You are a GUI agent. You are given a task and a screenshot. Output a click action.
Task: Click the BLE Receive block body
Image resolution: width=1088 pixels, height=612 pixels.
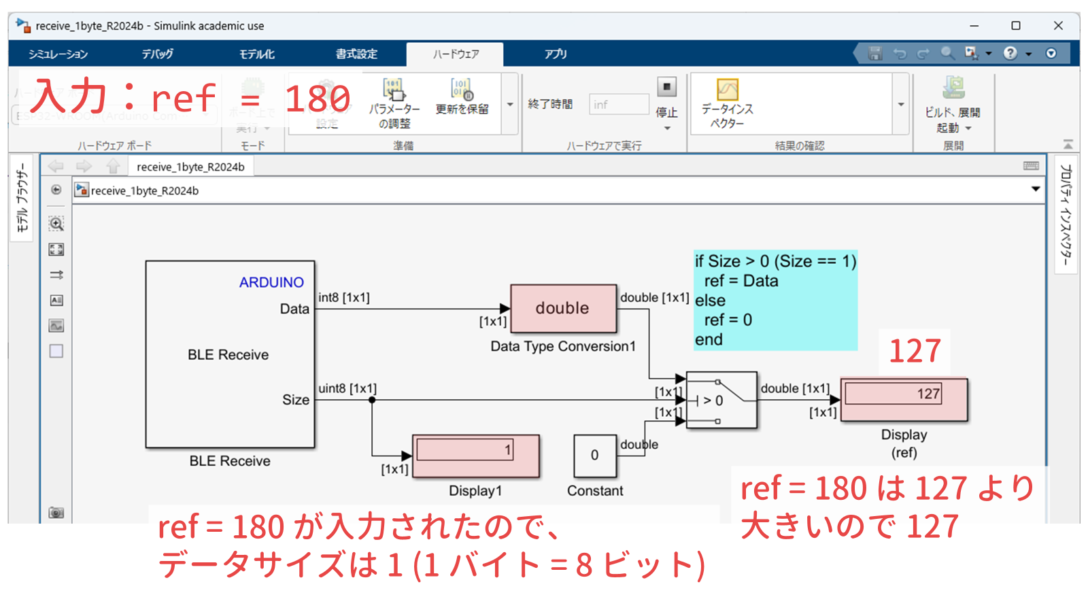point(229,354)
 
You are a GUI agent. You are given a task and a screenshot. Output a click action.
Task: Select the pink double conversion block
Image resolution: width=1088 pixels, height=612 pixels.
point(563,308)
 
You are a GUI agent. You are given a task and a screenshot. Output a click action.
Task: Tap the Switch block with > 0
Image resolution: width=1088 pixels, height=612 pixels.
point(721,400)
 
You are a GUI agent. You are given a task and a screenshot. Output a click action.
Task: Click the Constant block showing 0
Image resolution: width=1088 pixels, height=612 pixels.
point(595,456)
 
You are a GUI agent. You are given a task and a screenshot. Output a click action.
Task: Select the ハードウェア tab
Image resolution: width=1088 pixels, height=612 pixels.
point(455,54)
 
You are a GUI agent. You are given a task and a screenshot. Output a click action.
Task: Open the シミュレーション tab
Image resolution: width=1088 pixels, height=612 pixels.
point(58,54)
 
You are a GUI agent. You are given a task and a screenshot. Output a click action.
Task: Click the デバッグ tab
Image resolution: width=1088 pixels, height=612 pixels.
point(157,54)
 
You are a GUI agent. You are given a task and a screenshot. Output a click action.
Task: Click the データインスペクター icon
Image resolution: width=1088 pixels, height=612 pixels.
point(727,90)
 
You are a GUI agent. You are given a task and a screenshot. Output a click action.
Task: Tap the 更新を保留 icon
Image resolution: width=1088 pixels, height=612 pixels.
point(462,89)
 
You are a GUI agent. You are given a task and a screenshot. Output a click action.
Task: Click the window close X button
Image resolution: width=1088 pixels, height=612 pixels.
point(1058,26)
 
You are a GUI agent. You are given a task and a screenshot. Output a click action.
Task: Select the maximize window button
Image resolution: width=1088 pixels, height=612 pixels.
point(1016,26)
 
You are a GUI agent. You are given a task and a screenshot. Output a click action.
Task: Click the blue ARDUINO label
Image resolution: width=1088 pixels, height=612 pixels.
point(271,282)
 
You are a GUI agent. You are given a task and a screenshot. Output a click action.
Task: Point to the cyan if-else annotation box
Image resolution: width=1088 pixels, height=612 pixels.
point(775,300)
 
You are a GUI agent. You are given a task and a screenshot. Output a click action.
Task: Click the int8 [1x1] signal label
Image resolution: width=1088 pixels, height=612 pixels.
point(344,297)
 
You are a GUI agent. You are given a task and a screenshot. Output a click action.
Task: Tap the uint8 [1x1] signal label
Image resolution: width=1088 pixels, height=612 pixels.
point(347,388)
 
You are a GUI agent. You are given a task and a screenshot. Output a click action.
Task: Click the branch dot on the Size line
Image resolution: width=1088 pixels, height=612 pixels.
point(372,400)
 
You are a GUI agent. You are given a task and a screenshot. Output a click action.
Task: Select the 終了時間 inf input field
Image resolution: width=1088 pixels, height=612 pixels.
point(619,104)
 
